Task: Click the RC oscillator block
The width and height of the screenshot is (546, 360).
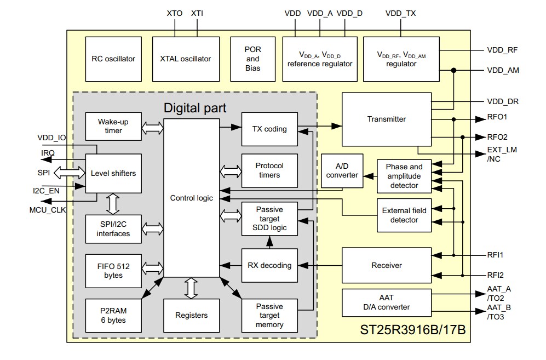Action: [113, 59]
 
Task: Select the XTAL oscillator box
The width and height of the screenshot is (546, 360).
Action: [185, 59]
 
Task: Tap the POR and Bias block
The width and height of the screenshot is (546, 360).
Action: [252, 59]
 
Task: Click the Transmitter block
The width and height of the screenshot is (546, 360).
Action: [386, 119]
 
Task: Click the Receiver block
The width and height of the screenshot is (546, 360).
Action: [386, 265]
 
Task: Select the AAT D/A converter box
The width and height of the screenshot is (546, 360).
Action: [386, 302]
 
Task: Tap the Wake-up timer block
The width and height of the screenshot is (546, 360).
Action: [113, 127]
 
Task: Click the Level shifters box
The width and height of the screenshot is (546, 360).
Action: [113, 173]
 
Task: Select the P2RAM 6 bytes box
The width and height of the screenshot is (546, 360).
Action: [113, 315]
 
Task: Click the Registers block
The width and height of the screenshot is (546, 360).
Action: [191, 315]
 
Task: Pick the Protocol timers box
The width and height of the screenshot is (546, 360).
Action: [269, 170]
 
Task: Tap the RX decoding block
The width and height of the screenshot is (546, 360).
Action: [269, 265]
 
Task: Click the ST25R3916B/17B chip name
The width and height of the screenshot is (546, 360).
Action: [412, 331]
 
